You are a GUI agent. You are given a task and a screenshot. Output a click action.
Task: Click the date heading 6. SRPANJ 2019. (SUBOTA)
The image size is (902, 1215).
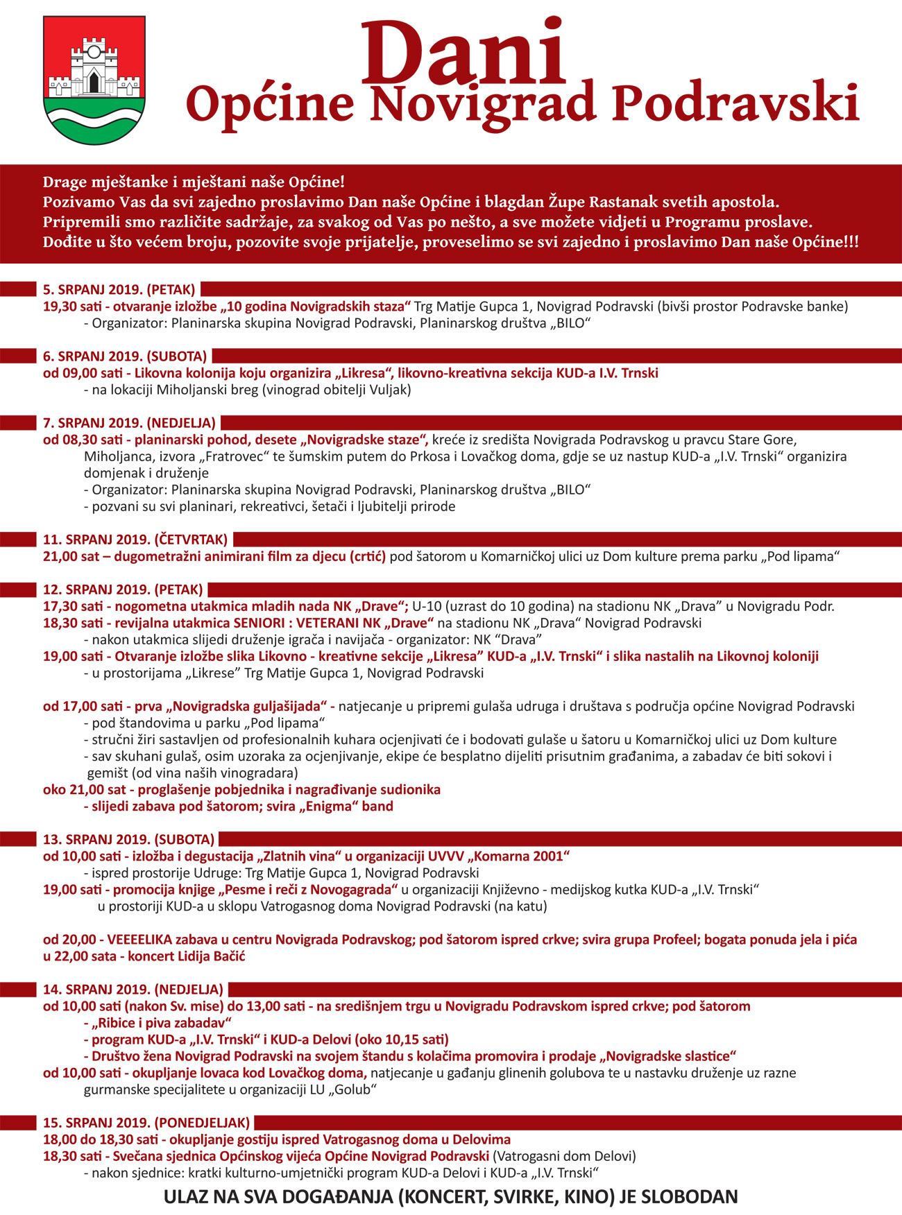tap(125, 356)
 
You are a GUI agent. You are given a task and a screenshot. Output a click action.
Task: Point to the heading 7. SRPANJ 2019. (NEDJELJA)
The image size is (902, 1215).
tap(129, 423)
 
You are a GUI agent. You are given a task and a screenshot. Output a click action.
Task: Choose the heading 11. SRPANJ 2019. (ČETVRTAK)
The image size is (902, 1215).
tap(135, 540)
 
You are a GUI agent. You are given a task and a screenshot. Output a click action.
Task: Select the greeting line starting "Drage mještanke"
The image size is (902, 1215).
tap(193, 183)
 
